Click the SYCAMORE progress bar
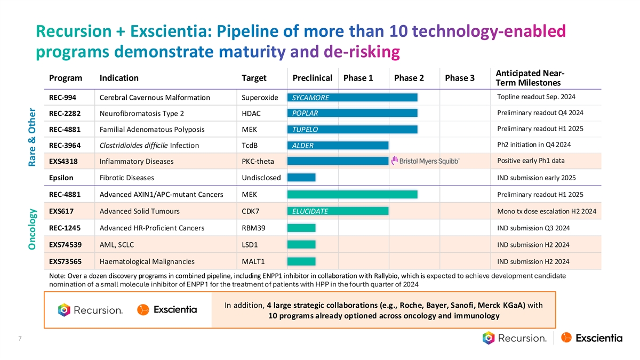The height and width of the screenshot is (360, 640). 352,97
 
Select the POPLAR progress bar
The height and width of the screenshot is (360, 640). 352,113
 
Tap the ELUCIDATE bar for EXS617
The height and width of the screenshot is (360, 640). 338,212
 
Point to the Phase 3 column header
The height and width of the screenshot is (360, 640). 459,78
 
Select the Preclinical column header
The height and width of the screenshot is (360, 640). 313,78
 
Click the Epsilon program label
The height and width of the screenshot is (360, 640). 61,178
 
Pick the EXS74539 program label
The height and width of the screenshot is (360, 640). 65,245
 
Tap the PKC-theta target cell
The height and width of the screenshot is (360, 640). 258,162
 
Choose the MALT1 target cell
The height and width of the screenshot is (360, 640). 253,261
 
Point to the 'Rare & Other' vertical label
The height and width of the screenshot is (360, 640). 33,137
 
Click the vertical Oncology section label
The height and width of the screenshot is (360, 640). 33,229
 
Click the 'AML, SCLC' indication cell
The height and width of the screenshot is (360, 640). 117,245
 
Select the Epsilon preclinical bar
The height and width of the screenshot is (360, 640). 301,178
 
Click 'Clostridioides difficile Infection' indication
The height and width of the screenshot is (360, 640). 149,146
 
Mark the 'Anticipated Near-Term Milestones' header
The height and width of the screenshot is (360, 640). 530,78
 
